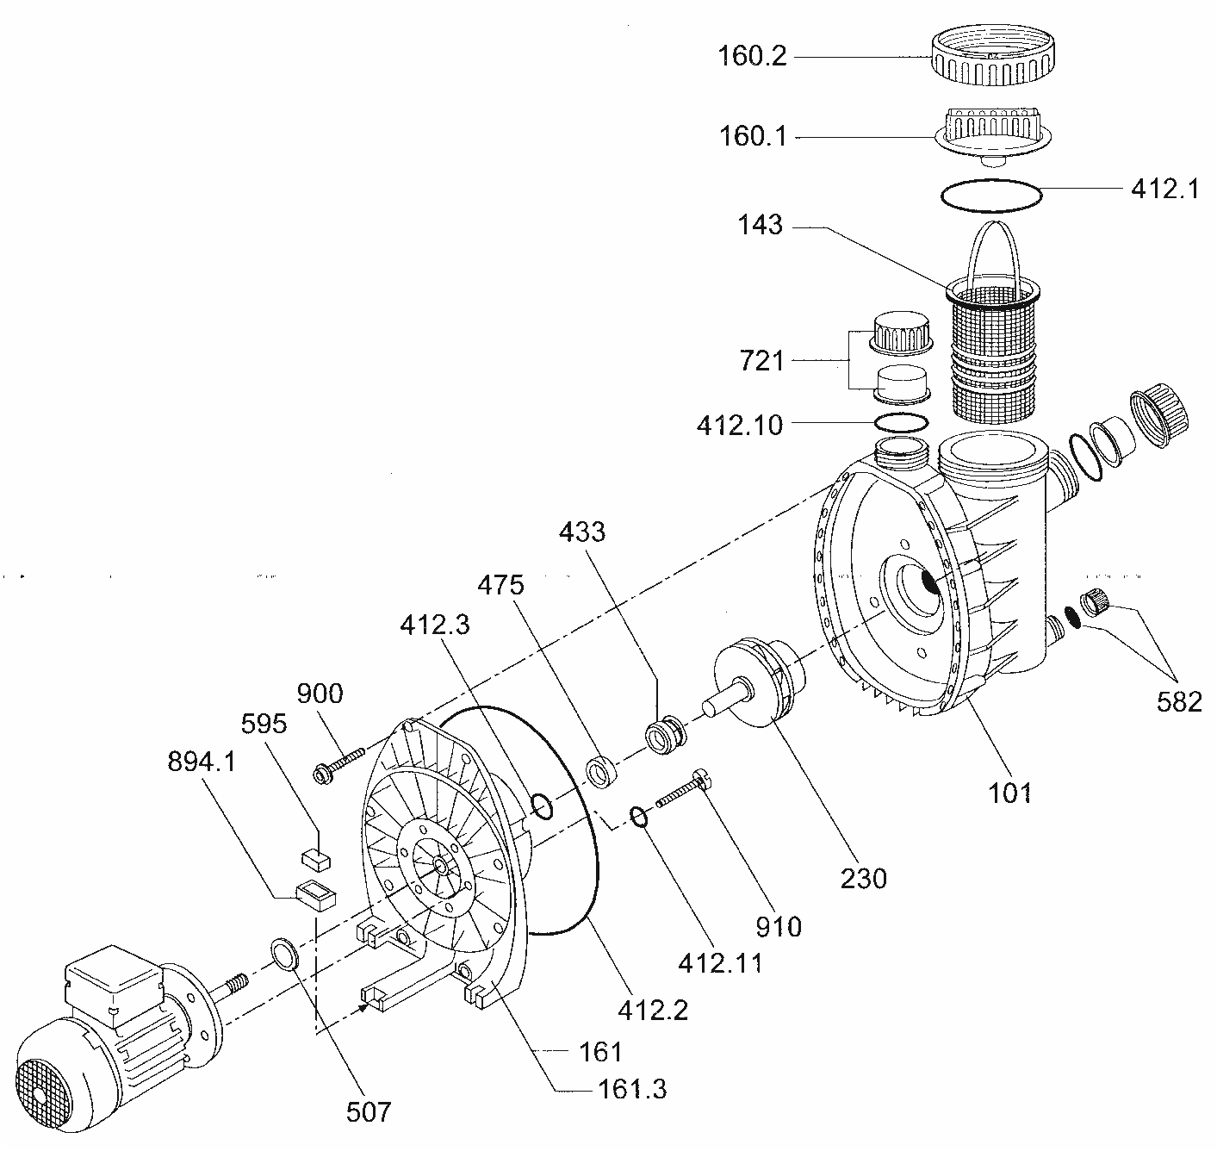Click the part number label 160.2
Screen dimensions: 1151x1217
tap(752, 57)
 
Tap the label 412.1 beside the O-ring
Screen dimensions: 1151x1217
tap(1164, 189)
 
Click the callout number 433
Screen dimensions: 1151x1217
tap(582, 532)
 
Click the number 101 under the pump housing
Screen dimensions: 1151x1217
tap(1010, 792)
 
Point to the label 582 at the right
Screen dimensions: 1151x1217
tap(1179, 701)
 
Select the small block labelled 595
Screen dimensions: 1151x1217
tap(315, 857)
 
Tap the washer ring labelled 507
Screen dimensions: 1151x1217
tap(285, 954)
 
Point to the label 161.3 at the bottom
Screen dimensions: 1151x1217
tap(631, 1089)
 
